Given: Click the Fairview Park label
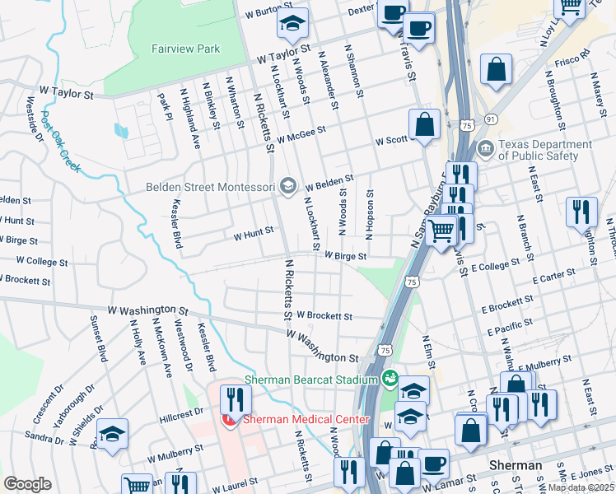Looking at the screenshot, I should [185, 49].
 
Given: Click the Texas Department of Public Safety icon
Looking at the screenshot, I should [485, 150].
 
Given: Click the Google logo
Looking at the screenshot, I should [27, 484].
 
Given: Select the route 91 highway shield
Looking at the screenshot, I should [491, 119].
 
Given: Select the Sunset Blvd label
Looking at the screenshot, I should [102, 343].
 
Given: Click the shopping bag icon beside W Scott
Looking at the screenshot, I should [425, 125].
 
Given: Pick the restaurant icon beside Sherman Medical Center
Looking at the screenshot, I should [236, 400].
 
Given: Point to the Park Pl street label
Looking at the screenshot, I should [163, 106].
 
